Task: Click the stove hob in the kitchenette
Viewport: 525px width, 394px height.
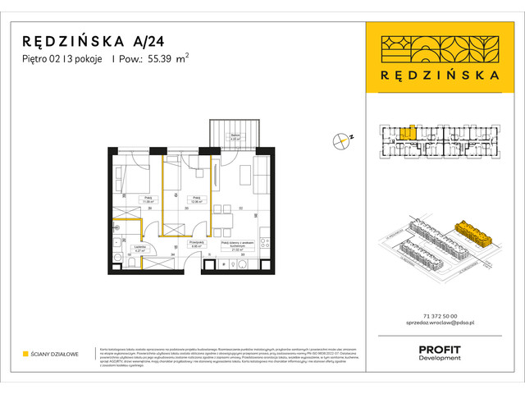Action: coord(262,243)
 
